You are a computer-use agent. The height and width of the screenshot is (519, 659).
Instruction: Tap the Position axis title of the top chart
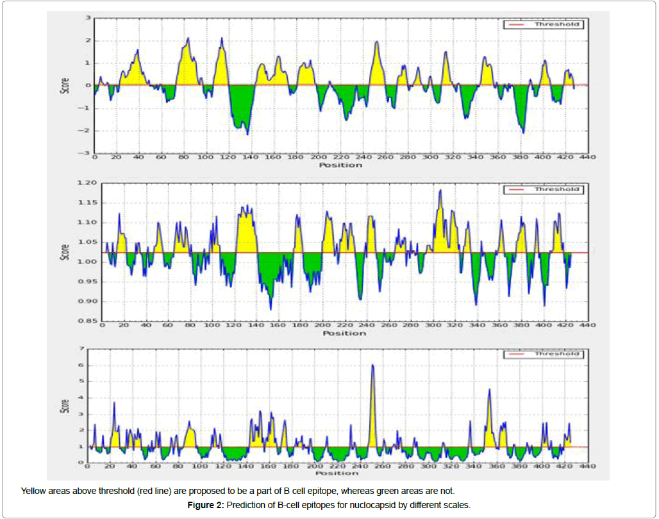[340, 165]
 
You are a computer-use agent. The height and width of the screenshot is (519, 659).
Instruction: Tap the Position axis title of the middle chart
[344, 333]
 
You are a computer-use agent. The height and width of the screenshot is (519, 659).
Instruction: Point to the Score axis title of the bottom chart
[64, 405]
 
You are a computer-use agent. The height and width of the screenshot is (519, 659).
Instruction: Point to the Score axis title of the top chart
[64, 86]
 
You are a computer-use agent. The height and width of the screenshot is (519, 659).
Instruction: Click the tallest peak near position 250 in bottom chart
[372, 366]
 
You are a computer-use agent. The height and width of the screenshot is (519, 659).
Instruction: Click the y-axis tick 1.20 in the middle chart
[87, 183]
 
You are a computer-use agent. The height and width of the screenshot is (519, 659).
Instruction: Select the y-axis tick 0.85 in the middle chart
[87, 321]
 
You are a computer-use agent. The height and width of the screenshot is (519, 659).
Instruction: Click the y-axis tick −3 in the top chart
[86, 153]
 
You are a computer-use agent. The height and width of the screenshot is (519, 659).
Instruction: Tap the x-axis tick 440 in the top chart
[587, 157]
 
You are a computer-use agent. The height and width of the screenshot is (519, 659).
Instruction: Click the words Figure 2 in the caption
[205, 506]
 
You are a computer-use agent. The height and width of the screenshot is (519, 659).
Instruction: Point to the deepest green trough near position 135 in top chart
[247, 133]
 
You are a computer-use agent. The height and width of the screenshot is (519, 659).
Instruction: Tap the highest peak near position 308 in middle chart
[440, 191]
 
